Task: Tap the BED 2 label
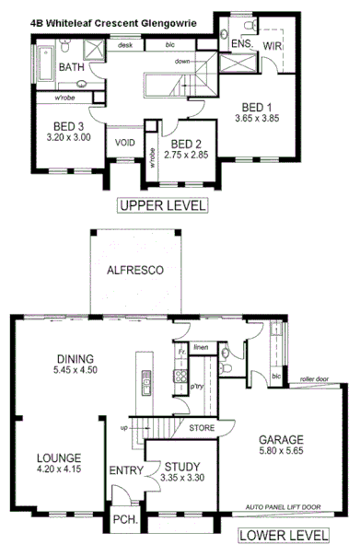pos(186,144)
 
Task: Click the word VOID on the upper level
pos(124,144)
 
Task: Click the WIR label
pos(272,45)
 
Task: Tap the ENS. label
pos(241,43)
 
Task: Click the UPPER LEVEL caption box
pos(162,204)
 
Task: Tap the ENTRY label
pos(124,471)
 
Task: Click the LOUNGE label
pos(58,458)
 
